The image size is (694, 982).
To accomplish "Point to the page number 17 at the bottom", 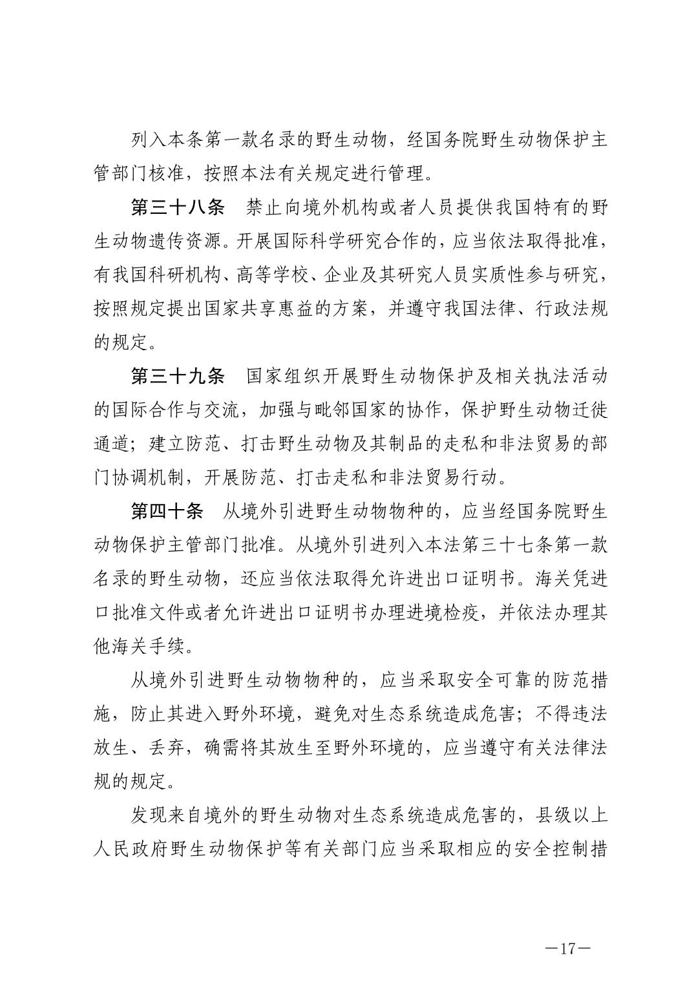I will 568,950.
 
